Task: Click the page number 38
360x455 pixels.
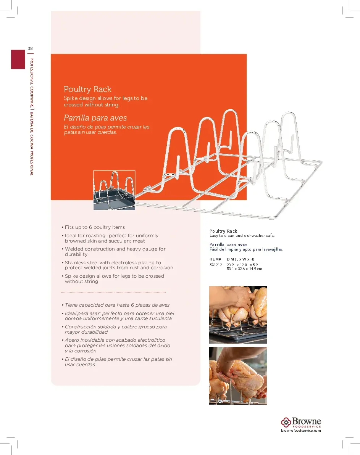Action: (x=30, y=48)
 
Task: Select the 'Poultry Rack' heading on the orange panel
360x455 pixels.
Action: (x=87, y=89)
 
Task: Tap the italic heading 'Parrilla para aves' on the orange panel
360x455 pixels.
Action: (x=95, y=118)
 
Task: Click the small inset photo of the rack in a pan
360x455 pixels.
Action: (x=115, y=190)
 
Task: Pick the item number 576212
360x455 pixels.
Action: (x=216, y=264)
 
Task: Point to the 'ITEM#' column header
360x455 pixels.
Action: (x=215, y=259)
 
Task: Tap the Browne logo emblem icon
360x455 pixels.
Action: (x=286, y=422)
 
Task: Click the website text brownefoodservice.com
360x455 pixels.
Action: (x=301, y=430)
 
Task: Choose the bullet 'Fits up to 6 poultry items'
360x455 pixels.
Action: (x=95, y=227)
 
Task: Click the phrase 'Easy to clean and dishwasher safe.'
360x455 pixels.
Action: (x=242, y=236)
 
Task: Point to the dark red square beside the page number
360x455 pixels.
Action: (x=18, y=59)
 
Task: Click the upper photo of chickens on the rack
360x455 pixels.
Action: (x=238, y=315)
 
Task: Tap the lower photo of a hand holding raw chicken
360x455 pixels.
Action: (x=238, y=375)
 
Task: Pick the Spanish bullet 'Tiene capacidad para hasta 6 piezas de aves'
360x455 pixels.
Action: (x=117, y=305)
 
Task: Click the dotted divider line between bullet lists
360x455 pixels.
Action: (x=113, y=293)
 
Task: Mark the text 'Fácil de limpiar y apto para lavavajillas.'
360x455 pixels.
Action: (x=246, y=249)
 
